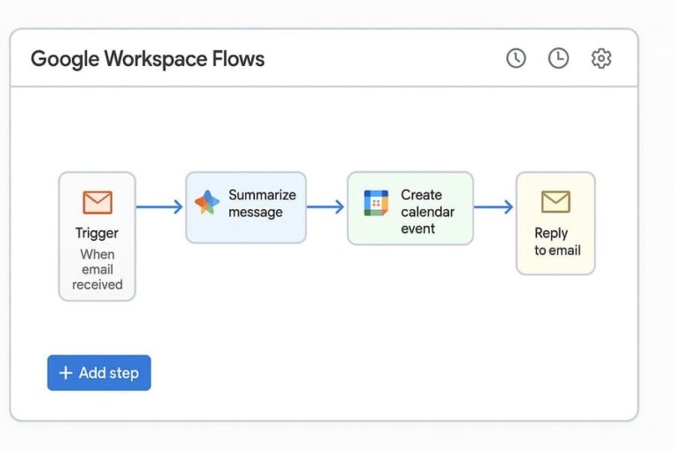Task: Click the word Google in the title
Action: pos(64,60)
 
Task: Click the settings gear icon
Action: pos(601,58)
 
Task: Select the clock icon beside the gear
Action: pos(558,58)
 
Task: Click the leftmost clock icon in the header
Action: pos(516,58)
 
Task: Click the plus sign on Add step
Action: pos(65,373)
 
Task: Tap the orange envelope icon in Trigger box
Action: pos(98,202)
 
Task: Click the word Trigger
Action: pos(97,233)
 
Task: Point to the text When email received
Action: pos(97,269)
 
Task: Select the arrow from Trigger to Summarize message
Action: pos(160,207)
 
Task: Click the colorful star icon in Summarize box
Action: pos(207,203)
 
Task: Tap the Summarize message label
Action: pos(261,203)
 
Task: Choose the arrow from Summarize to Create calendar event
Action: pos(326,207)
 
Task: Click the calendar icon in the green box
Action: pos(376,203)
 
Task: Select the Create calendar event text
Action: pos(427,211)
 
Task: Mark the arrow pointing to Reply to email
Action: pos(494,207)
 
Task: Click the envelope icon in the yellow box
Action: pos(555,202)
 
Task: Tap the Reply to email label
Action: pos(556,241)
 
